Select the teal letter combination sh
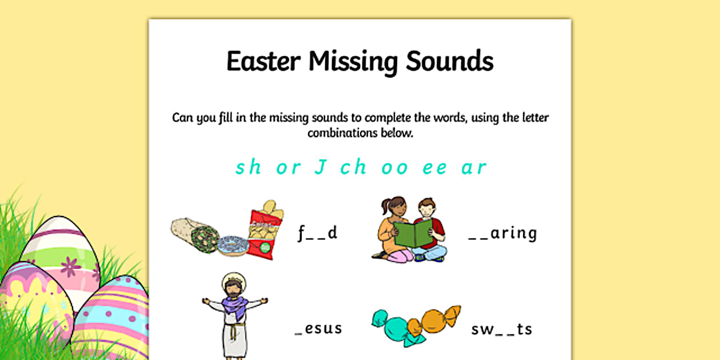[x=249, y=167]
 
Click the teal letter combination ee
[x=435, y=168]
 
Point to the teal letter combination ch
[x=353, y=167]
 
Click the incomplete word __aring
[x=502, y=233]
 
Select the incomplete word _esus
[x=318, y=329]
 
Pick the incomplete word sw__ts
[x=502, y=329]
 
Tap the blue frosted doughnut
[x=233, y=245]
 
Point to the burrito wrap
[x=195, y=234]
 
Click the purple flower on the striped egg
[x=71, y=266]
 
